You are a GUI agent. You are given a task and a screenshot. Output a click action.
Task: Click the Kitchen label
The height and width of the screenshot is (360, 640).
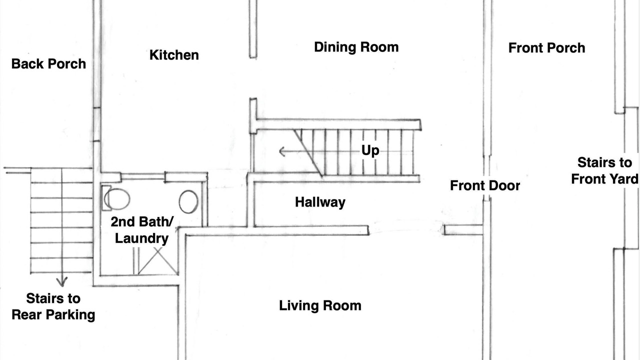tap(174, 55)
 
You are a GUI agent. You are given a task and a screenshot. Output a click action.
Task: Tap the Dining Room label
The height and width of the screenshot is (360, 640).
tap(356, 47)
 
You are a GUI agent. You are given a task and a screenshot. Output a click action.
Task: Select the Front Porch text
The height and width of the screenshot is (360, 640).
tap(546, 47)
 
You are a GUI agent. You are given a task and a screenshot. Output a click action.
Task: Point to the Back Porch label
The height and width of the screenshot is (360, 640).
tap(48, 63)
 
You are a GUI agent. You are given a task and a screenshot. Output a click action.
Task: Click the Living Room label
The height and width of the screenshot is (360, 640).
tap(320, 305)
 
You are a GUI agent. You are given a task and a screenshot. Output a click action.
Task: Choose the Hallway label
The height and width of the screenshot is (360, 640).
tap(320, 202)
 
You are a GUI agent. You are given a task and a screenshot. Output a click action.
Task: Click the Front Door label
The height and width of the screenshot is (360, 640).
tap(485, 185)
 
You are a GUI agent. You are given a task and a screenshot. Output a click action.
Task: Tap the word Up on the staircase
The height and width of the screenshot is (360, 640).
tap(370, 150)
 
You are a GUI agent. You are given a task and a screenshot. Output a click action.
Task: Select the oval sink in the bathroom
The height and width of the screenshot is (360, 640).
tap(188, 201)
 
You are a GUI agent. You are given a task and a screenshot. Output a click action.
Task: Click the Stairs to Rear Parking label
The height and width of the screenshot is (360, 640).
tap(53, 307)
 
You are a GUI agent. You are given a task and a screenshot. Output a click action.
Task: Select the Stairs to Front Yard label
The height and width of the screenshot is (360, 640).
tap(604, 171)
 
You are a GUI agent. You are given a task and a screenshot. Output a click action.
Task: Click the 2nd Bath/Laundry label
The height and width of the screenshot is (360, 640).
tap(142, 230)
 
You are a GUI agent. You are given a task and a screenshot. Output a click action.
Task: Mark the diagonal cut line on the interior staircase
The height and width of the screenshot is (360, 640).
tap(308, 153)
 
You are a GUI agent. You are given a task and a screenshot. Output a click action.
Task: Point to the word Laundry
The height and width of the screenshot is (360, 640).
tap(141, 238)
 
